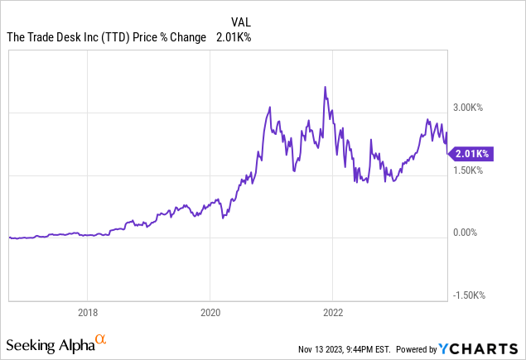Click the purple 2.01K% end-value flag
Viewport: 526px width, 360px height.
472,153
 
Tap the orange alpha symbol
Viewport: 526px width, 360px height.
100,339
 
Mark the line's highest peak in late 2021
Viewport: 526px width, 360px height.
325,87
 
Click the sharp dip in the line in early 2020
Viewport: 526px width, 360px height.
224,217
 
